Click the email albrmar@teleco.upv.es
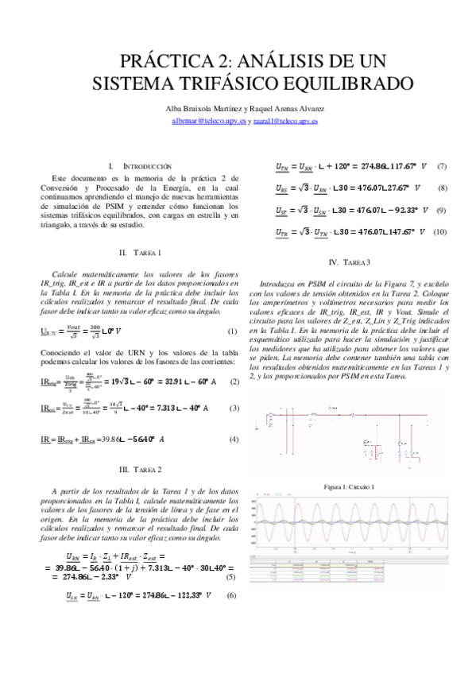coord(209,122)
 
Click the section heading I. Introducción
coord(139,166)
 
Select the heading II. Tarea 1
coord(139,252)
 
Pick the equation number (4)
coord(234,440)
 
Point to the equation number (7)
coord(442,167)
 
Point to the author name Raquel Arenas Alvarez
coord(293,108)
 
